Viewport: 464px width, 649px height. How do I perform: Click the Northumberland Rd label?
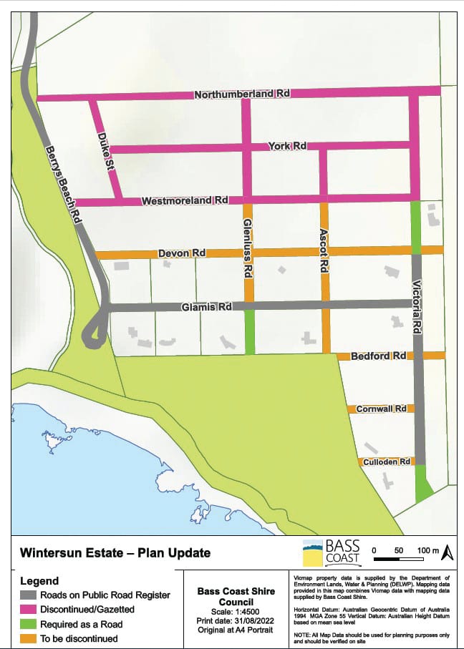(x=243, y=94)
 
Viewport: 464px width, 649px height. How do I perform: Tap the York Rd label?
(x=287, y=146)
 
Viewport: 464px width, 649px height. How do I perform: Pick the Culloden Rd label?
(x=386, y=462)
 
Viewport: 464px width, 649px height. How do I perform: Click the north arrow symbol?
(x=447, y=552)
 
